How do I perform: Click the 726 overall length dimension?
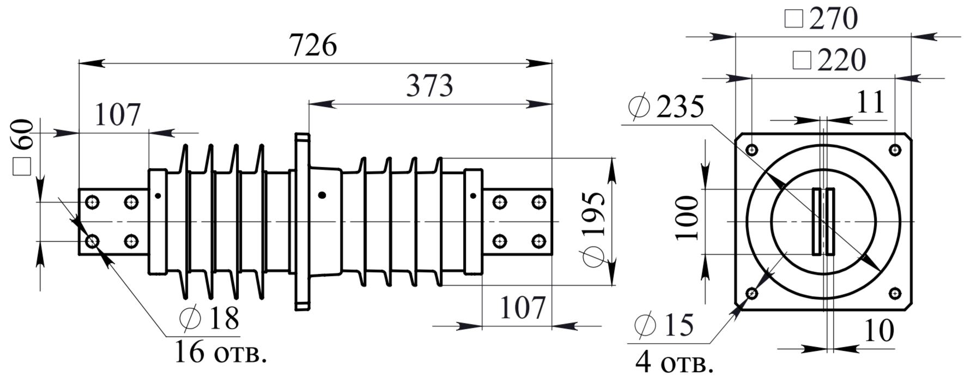[313, 45]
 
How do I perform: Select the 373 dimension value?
[429, 86]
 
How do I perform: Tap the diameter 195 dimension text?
[594, 229]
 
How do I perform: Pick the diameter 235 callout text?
[666, 107]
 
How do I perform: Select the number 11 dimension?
[871, 102]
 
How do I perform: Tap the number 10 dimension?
[879, 330]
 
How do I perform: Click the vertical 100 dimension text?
[687, 218]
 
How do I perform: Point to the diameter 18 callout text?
[209, 318]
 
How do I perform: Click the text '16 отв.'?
[221, 352]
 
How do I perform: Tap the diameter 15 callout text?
[664, 326]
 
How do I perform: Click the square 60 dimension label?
[23, 147]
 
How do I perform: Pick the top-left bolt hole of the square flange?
[751, 149]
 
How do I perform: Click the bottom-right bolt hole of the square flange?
[895, 294]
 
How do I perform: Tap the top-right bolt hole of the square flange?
[895, 149]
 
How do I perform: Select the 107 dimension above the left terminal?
[118, 115]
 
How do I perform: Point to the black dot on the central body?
[322, 195]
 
